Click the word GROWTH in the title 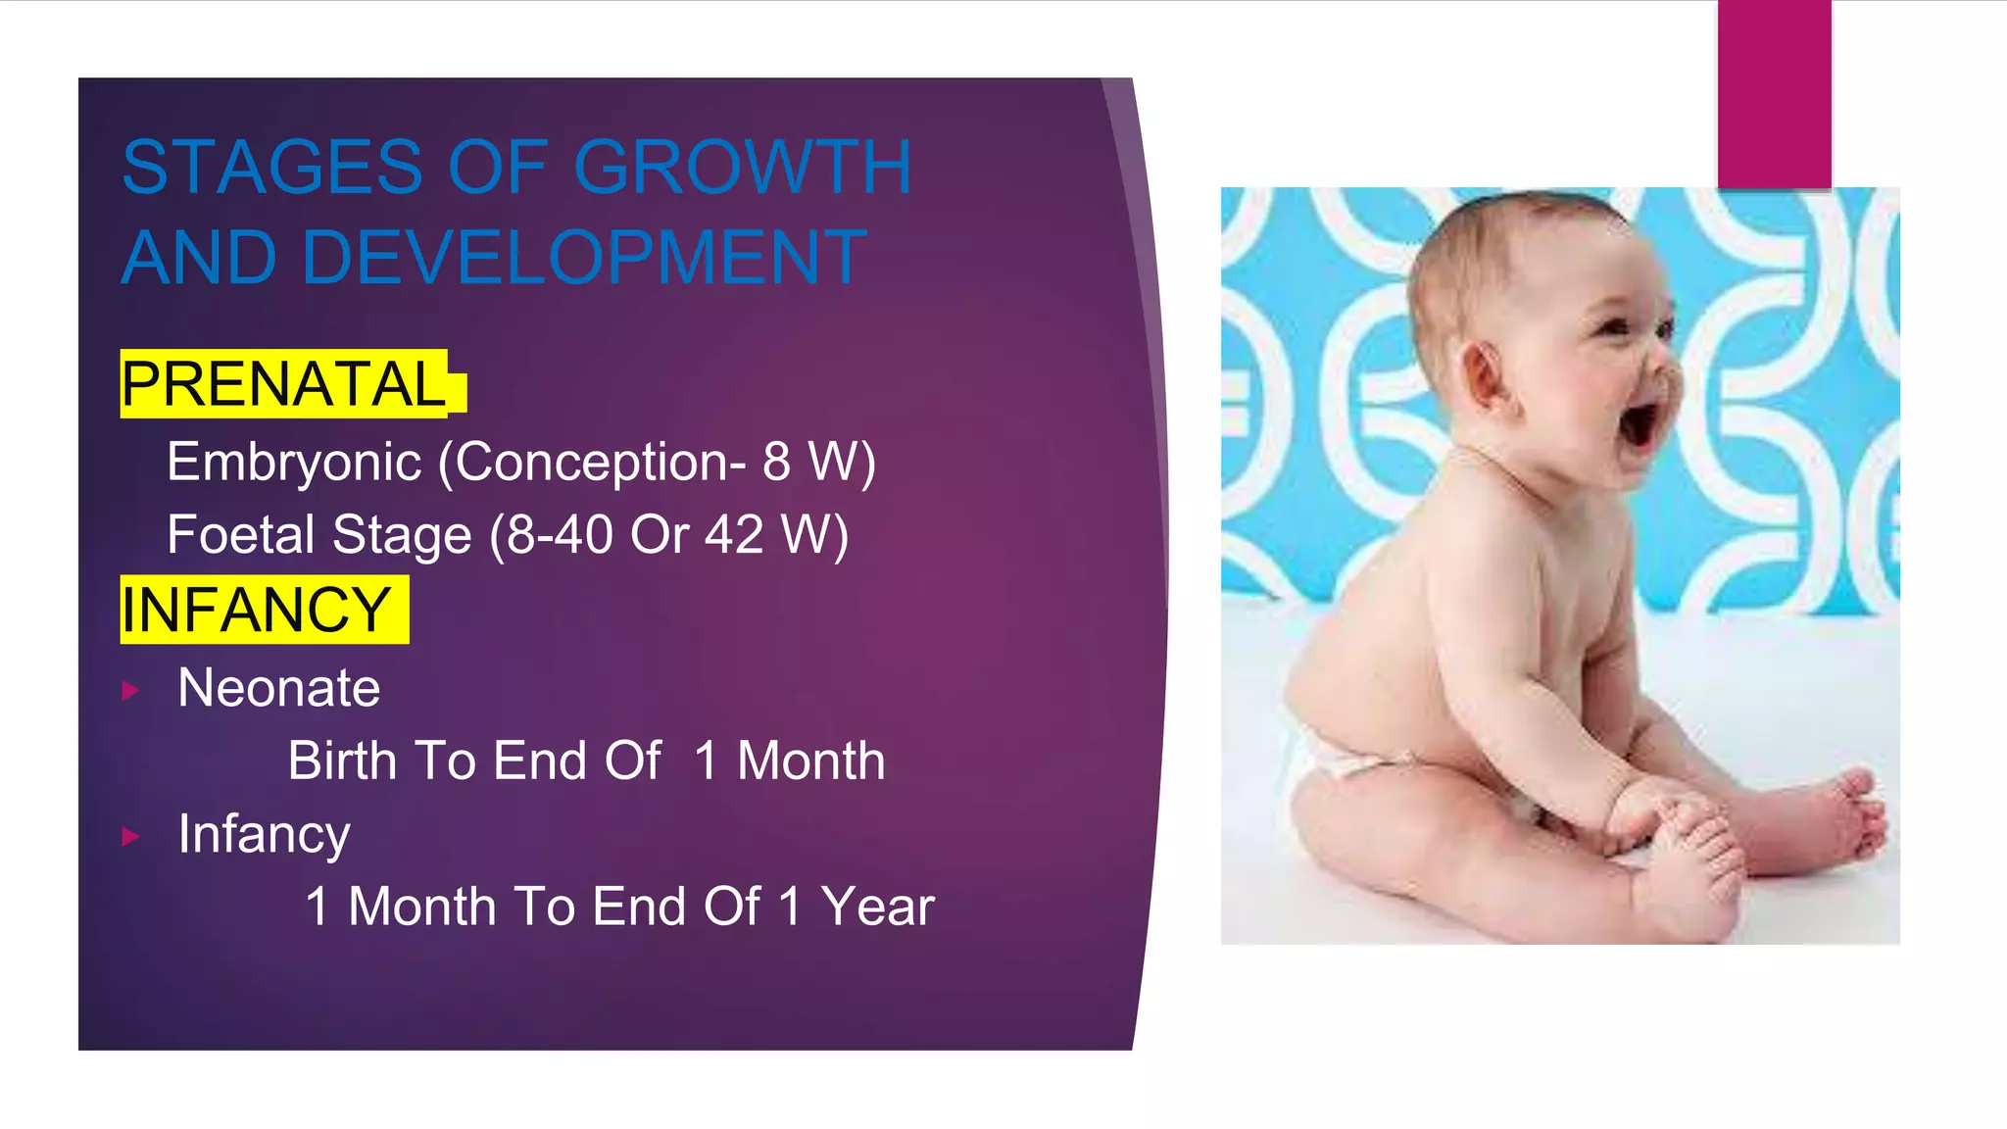pyautogui.click(x=742, y=168)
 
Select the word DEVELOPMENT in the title pyautogui.click(x=584, y=258)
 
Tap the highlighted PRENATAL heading pyautogui.click(x=283, y=384)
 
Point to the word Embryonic pyautogui.click(x=294, y=462)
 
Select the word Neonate pyautogui.click(x=279, y=688)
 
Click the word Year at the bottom pyautogui.click(x=877, y=907)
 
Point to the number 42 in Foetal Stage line pyautogui.click(x=734, y=535)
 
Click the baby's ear pyautogui.click(x=1486, y=375)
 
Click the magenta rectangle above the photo pyautogui.click(x=1774, y=93)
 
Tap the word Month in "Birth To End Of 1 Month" pyautogui.click(x=810, y=761)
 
